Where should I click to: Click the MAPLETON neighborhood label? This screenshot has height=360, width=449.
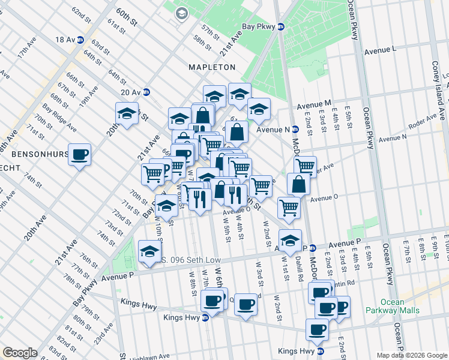pyautogui.click(x=212, y=67)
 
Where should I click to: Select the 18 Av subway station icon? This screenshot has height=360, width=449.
pyautogui.click(x=79, y=40)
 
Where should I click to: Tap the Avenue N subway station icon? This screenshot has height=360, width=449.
pyautogui.click(x=295, y=129)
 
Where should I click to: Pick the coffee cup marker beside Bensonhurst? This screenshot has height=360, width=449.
pyautogui.click(x=79, y=155)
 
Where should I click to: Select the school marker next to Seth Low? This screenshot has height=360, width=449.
pyautogui.click(x=149, y=251)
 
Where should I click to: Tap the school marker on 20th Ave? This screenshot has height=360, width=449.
pyautogui.click(x=127, y=113)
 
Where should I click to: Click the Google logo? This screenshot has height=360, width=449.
pyautogui.click(x=20, y=353)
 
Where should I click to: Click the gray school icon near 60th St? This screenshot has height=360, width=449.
pyautogui.click(x=181, y=13)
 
